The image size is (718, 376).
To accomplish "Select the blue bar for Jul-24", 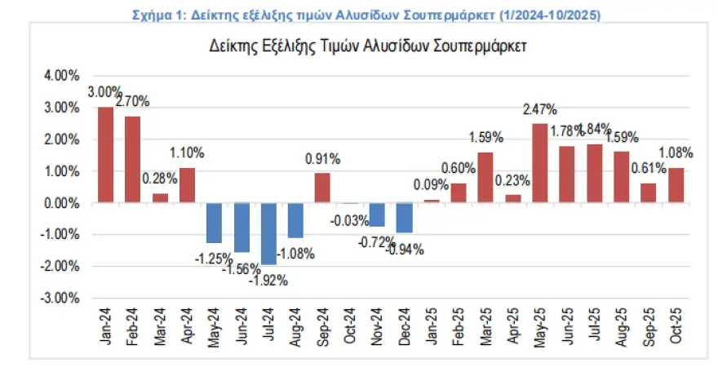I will tap(268, 234).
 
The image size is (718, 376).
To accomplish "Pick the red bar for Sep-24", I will tap(322, 188).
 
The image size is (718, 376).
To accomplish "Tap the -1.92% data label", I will tap(269, 279).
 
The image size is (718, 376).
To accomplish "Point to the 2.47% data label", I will tap(540, 108).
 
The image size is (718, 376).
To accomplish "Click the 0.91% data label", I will tap(323, 158).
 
